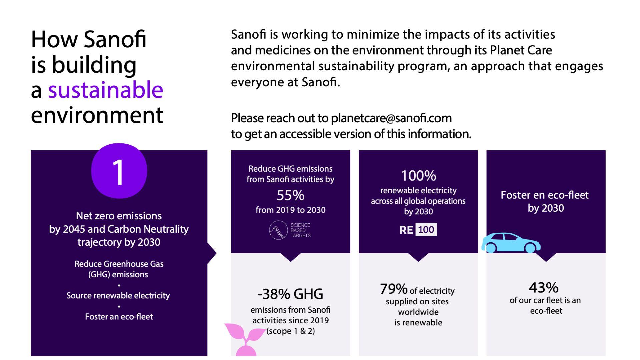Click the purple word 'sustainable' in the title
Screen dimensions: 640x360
[x=106, y=90]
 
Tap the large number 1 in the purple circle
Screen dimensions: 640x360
[x=118, y=172]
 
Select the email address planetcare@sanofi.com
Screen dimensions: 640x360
[x=391, y=118]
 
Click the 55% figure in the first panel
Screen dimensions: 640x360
[x=291, y=195]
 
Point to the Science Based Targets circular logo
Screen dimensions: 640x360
[x=278, y=230]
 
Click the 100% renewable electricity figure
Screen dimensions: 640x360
[x=418, y=176]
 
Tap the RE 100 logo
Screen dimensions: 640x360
[x=418, y=230]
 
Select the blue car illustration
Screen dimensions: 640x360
[x=511, y=243]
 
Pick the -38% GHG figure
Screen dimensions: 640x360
[x=290, y=294]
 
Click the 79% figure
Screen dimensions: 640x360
[x=394, y=289]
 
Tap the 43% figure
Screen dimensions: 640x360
[x=544, y=287]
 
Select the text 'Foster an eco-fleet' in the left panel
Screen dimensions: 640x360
[x=119, y=317]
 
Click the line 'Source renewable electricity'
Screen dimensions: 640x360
[x=118, y=296]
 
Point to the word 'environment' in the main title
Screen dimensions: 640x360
[x=97, y=115]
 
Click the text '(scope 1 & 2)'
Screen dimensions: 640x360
[x=290, y=331]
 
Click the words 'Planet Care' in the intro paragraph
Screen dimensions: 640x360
[x=521, y=50]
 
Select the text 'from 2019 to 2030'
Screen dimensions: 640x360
[x=291, y=210]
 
